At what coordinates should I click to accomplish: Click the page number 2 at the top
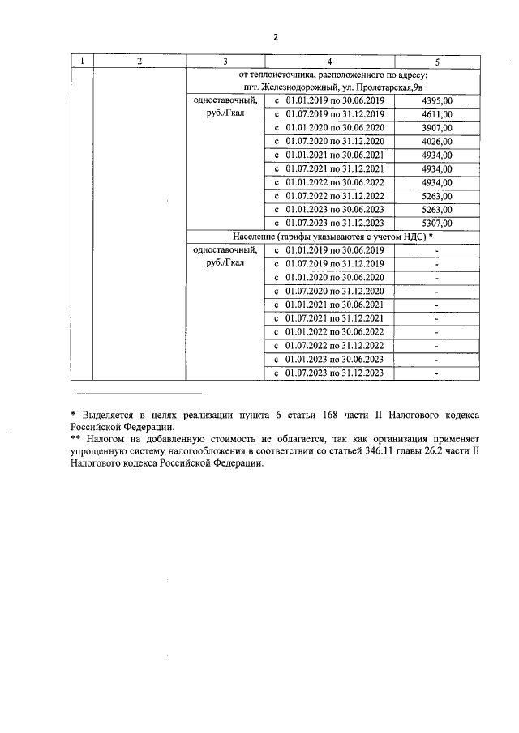tap(276, 37)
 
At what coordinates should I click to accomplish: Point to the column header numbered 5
tap(438, 62)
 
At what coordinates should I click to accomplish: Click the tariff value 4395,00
tap(438, 100)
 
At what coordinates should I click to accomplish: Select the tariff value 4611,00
tap(438, 114)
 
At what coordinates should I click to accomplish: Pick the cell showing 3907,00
tap(438, 128)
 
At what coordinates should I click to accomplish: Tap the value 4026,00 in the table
tap(438, 142)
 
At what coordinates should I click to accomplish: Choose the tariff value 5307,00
tap(438, 223)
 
